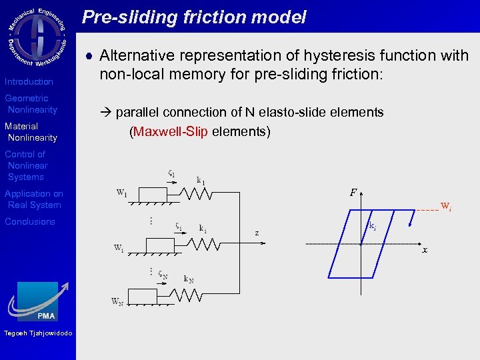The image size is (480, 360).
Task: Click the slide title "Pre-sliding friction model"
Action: [194, 17]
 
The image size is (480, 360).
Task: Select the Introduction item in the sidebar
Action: [29, 81]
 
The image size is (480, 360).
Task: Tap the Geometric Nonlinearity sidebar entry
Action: [31, 104]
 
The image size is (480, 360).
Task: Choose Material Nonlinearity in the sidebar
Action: [31, 132]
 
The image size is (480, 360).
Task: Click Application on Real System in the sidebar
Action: [33, 199]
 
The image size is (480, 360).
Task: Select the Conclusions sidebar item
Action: [30, 221]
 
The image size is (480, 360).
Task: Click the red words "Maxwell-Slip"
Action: [171, 131]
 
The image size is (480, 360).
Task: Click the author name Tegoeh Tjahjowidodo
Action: [38, 333]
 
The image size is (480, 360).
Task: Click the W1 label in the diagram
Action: [122, 193]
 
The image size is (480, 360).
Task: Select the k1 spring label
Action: [201, 181]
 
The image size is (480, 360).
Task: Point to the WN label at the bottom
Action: [117, 302]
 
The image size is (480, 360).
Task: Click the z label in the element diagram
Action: [257, 233]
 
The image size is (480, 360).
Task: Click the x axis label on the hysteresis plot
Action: [425, 250]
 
